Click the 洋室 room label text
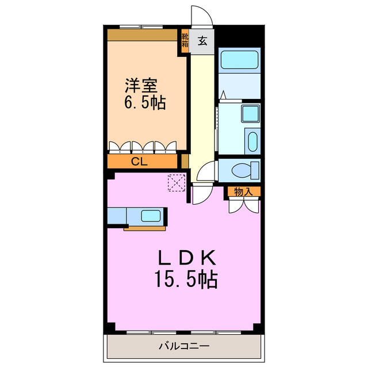pyautogui.click(x=142, y=86)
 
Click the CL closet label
pyautogui.click(x=139, y=162)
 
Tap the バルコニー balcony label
pyautogui.click(x=184, y=347)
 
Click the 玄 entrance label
pyautogui.click(x=202, y=41)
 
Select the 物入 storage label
pyautogui.click(x=243, y=191)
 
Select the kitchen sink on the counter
pyautogui.click(x=151, y=216)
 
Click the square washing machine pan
pyautogui.click(x=250, y=114)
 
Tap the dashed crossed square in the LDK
pyautogui.click(x=175, y=183)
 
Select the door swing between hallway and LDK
pyautogui.click(x=201, y=195)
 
